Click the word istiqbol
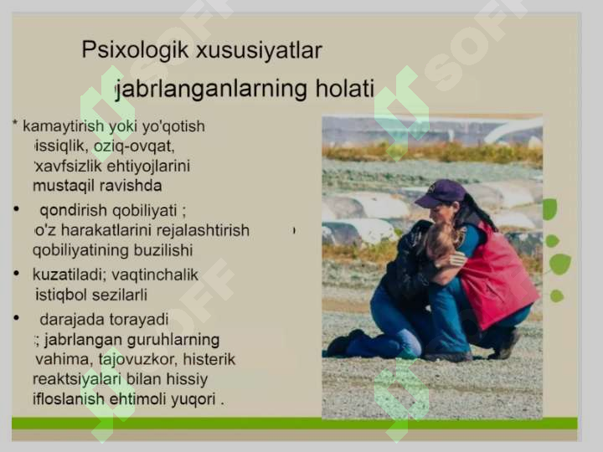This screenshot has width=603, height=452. click(61, 294)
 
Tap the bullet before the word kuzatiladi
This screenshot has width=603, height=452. click(17, 274)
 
